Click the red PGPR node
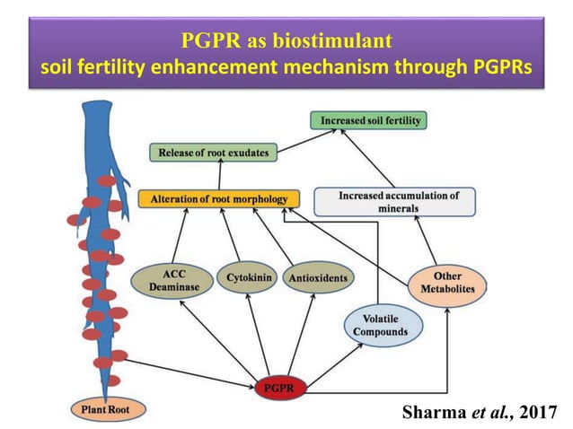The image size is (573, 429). [280, 388]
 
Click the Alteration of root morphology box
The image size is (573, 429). [219, 198]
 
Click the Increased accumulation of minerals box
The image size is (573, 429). [399, 201]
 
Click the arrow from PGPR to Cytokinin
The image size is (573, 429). [260, 337]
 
